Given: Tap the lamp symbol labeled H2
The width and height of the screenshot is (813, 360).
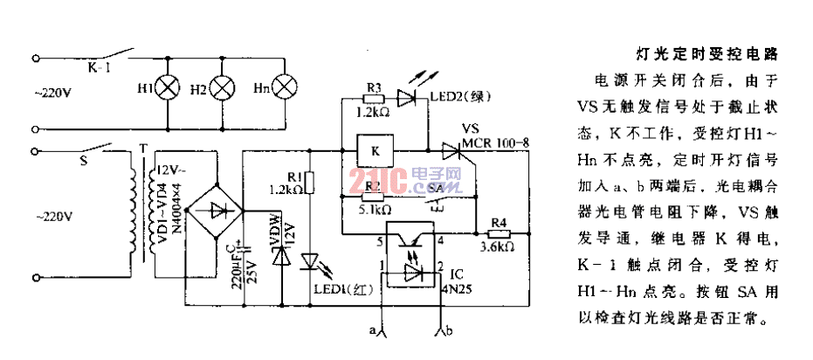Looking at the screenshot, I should [x=225, y=87].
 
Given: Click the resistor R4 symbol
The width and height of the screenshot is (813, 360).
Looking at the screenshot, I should [x=497, y=233].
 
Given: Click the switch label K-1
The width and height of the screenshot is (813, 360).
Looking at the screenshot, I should [x=99, y=66].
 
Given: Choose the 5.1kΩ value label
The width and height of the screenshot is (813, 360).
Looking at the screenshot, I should [x=375, y=210].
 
